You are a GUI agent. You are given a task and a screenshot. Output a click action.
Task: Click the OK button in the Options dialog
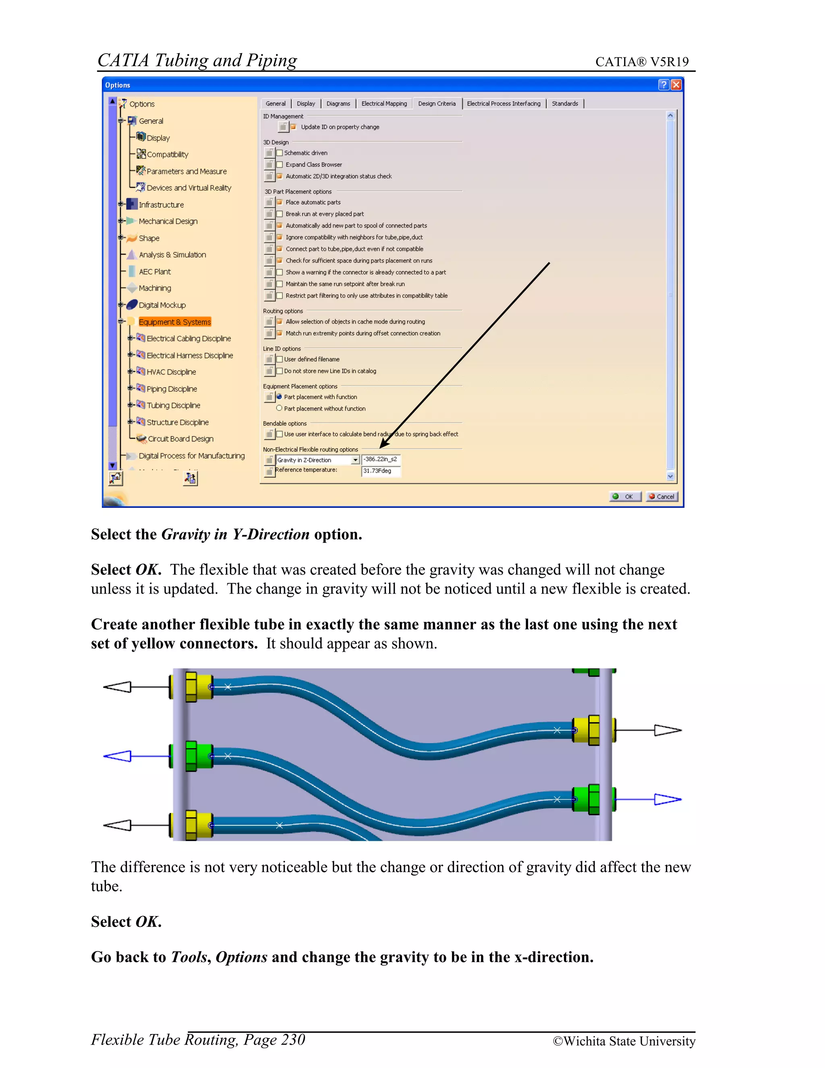tap(625, 497)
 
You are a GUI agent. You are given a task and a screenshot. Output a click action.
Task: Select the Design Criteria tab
tap(436, 104)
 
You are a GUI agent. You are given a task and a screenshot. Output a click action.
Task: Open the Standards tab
tap(564, 104)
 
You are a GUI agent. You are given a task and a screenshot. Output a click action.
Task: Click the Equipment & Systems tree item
tap(174, 322)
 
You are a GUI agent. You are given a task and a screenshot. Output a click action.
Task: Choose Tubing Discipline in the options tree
tap(173, 405)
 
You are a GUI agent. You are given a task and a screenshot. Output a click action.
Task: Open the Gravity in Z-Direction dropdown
tap(355, 460)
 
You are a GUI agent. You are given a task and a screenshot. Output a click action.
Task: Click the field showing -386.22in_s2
tap(380, 459)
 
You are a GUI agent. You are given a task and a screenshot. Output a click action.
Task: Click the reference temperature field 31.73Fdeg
tap(380, 471)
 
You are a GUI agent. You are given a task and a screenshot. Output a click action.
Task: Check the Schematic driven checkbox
tap(280, 153)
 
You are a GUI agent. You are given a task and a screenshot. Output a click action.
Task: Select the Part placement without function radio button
tap(279, 408)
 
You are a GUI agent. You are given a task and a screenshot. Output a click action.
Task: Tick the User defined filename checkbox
tap(280, 359)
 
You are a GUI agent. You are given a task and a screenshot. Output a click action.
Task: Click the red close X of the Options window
tap(676, 85)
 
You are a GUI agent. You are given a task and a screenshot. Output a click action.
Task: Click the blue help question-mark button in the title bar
tap(663, 85)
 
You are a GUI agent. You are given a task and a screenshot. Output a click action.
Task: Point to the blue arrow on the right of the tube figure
tap(667, 800)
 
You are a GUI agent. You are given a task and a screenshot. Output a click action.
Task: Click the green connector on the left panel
tap(198, 756)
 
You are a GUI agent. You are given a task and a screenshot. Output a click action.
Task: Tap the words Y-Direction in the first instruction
tap(271, 534)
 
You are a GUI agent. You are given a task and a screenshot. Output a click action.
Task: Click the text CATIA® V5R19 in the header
tap(642, 62)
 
